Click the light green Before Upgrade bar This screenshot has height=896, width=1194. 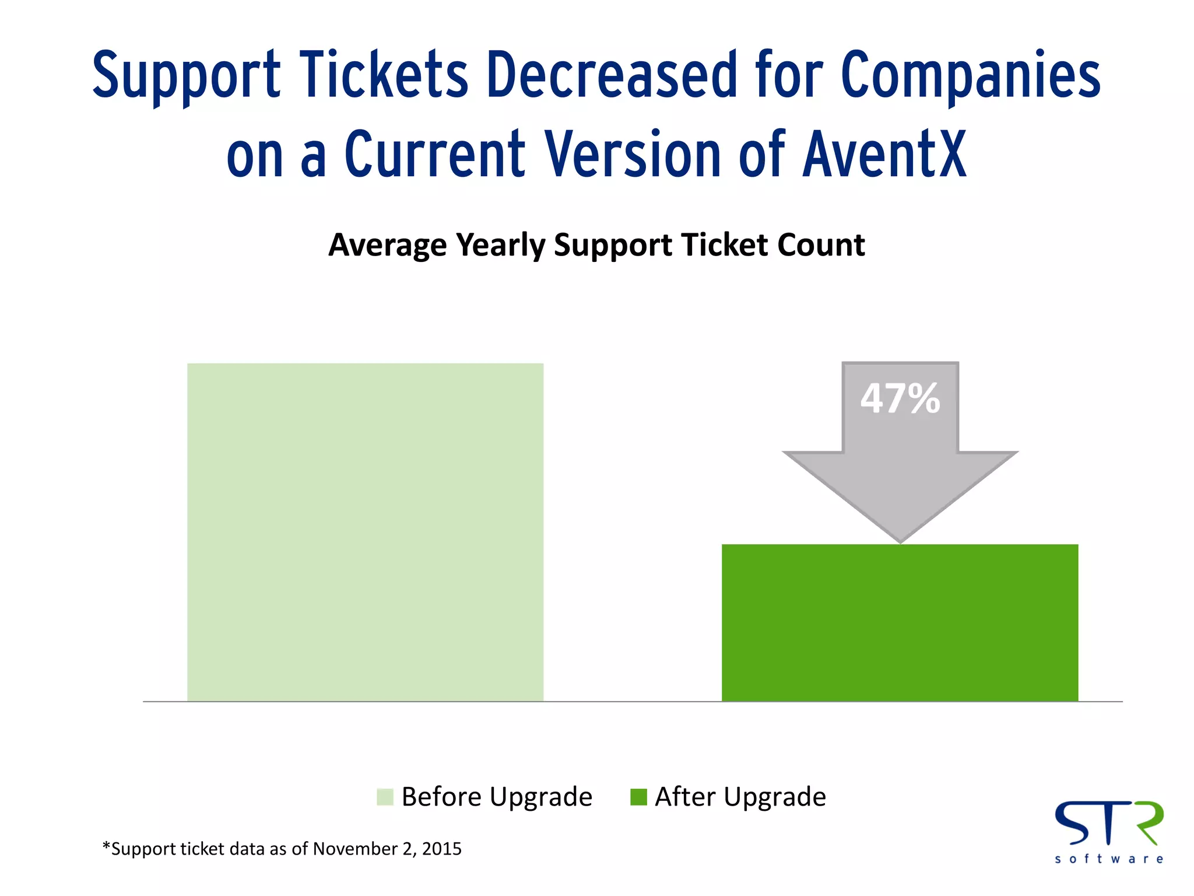pos(365,532)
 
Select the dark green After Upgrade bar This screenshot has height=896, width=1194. pos(900,622)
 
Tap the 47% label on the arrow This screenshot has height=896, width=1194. pos(900,399)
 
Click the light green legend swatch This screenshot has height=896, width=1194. pos(385,797)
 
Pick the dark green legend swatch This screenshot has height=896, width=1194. pos(638,797)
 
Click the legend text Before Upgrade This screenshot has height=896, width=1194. pos(497,797)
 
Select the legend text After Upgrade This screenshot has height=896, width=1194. pos(740,797)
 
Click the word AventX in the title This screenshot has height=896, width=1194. pos(884,155)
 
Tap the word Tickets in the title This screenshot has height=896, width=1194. pos(384,75)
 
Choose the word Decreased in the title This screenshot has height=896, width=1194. pos(612,75)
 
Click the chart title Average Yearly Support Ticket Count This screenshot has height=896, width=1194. pos(596,245)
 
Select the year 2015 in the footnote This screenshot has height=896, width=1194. pos(441,849)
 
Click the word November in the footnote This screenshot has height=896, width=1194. pos(355,849)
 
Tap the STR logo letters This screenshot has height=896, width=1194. pos(1109,822)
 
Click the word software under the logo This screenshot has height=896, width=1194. pos(1109,859)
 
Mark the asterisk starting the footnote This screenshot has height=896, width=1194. pos(106,846)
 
